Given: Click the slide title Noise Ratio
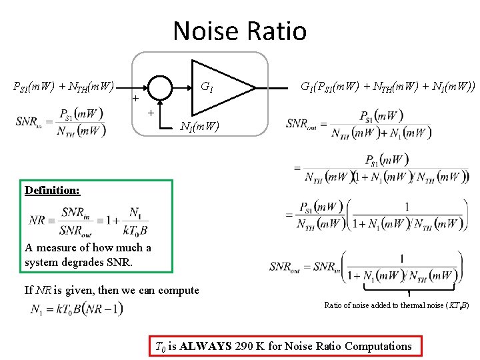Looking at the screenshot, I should (239, 31).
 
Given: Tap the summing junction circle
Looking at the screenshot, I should (161, 87).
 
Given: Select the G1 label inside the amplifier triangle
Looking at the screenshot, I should (207, 87).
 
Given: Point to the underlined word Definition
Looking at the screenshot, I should (52, 190).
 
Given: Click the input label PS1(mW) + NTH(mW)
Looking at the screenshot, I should (65, 87).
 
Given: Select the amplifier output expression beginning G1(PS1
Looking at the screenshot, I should (387, 87).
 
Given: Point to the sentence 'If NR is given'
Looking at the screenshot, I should (111, 290).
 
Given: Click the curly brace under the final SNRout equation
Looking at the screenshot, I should (408, 288).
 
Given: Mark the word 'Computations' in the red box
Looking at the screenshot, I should (379, 346).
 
